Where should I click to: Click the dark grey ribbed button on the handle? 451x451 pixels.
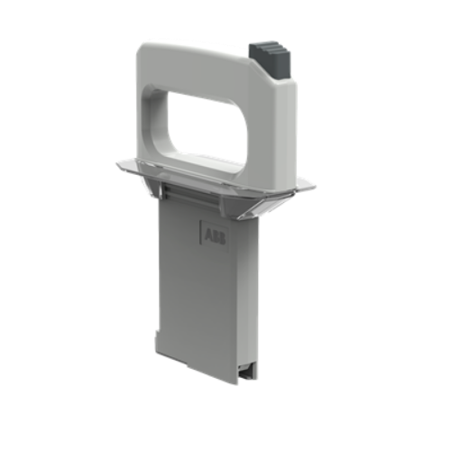[270, 61]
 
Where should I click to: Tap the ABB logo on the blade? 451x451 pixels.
[215, 235]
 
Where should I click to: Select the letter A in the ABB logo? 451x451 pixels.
[208, 235]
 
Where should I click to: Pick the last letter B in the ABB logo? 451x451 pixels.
[222, 238]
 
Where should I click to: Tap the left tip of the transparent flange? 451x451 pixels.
[118, 164]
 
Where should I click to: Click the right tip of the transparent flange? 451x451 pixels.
[314, 187]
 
